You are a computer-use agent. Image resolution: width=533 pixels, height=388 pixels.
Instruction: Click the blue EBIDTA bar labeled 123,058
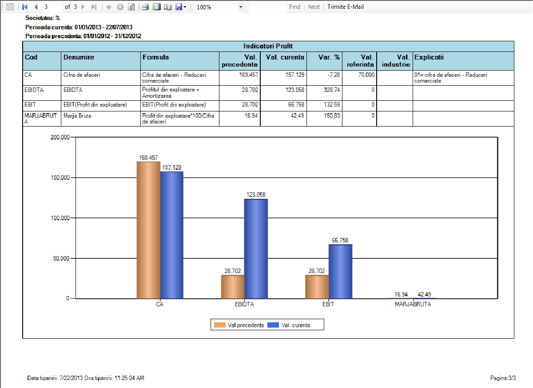coord(256,249)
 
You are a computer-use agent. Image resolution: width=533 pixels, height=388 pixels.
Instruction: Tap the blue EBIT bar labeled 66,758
coord(340,271)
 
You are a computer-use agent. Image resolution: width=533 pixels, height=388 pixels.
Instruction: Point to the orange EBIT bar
coord(317,287)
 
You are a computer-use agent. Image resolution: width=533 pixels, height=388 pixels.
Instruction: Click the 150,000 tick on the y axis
coord(58,178)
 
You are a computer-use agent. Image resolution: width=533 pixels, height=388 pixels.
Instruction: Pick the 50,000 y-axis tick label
coord(60,258)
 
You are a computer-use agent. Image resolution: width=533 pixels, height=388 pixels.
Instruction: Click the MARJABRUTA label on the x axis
coord(413,305)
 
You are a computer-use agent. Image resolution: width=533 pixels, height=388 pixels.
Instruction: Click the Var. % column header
coord(329,57)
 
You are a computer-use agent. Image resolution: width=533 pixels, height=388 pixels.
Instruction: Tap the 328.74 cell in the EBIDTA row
coord(331,90)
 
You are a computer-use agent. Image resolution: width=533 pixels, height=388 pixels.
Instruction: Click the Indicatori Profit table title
coord(268,46)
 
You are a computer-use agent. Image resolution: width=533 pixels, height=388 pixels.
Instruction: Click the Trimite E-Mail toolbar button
coord(346,7)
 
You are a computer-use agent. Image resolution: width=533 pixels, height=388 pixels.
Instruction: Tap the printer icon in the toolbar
coord(145,7)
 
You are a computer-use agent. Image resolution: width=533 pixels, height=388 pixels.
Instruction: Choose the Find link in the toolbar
coord(294,7)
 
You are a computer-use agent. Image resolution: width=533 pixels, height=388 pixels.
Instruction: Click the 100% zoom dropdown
coord(220,7)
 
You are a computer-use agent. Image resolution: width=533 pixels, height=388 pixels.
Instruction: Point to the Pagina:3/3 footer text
coord(503,378)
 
